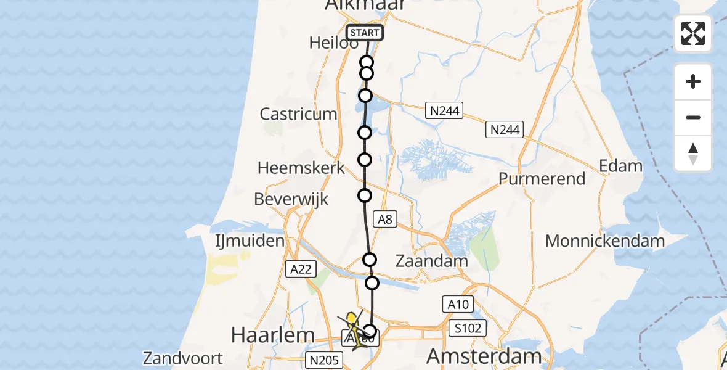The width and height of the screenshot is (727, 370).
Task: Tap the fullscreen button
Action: tap(693, 33)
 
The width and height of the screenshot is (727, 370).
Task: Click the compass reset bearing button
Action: tap(693, 154)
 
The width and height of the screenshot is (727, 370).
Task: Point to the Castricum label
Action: tap(299, 114)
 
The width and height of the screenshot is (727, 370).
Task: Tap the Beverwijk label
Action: tap(291, 199)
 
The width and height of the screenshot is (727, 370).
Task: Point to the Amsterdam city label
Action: tap(484, 356)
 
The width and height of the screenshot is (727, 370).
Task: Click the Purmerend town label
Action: tap(542, 179)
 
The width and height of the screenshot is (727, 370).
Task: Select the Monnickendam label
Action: tap(605, 240)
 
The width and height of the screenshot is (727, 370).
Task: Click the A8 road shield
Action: tap(385, 218)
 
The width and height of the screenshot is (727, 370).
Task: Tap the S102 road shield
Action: tap(469, 327)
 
